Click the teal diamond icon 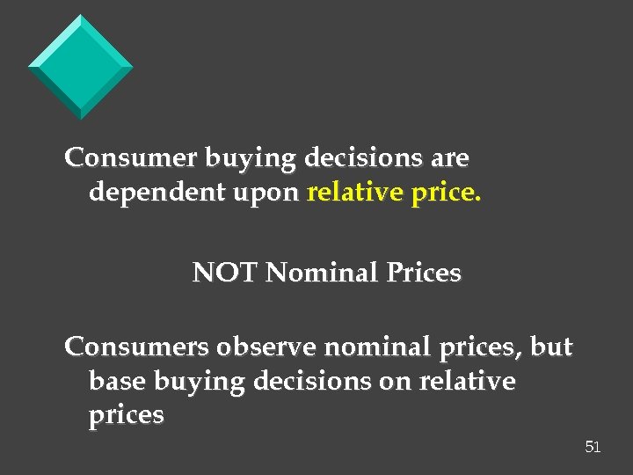click(x=81, y=66)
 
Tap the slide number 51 click(x=593, y=448)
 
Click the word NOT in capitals click(x=225, y=274)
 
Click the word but click(x=552, y=347)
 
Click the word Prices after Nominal click(x=422, y=274)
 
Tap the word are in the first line click(x=450, y=159)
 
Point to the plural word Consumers click(x=135, y=347)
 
